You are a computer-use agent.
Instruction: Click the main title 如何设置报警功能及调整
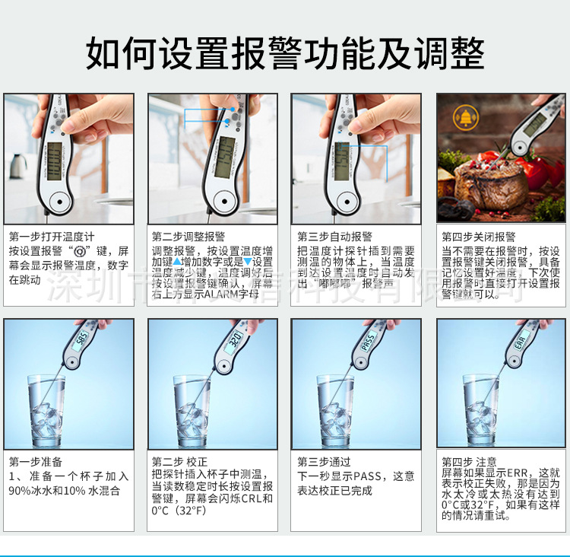tap(285, 53)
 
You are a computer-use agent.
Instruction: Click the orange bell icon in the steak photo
tap(461, 116)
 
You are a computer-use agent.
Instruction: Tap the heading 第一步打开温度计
tap(52, 237)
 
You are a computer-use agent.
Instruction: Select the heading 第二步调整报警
tap(188, 237)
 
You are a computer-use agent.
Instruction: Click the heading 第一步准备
tap(36, 462)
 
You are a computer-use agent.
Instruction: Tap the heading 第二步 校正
tap(179, 462)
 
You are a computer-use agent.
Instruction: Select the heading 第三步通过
tap(324, 462)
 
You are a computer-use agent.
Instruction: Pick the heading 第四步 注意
tap(469, 462)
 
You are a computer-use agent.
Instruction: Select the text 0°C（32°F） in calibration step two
tap(179, 511)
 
